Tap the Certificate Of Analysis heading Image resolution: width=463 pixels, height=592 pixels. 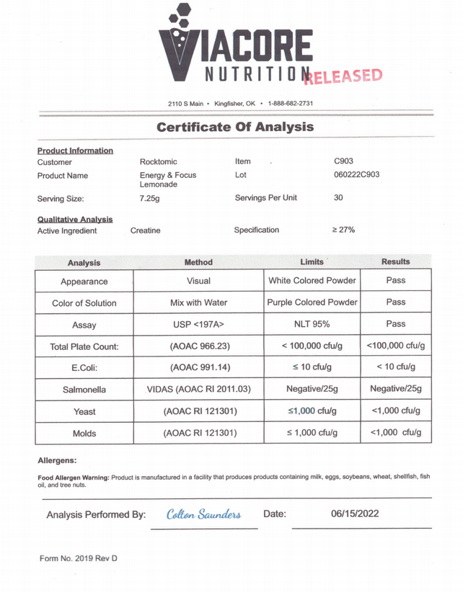pyautogui.click(x=235, y=127)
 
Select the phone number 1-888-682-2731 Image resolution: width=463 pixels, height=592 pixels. pyautogui.click(x=291, y=104)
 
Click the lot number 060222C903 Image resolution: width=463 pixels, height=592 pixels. pyautogui.click(x=357, y=175)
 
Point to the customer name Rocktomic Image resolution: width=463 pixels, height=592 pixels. pyautogui.click(x=158, y=162)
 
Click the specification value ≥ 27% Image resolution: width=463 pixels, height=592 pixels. pyautogui.click(x=343, y=230)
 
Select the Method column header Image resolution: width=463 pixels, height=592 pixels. pyautogui.click(x=198, y=262)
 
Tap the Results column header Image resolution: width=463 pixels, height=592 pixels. pyautogui.click(x=395, y=261)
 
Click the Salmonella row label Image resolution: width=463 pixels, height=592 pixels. pyautogui.click(x=84, y=390)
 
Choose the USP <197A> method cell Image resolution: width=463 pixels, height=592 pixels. pyautogui.click(x=198, y=325)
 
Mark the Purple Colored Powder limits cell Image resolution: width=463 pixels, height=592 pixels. pyautogui.click(x=312, y=302)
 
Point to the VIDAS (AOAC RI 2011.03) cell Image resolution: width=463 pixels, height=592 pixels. pyautogui.click(x=198, y=390)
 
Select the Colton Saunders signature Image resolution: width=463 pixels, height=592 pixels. pyautogui.click(x=203, y=514)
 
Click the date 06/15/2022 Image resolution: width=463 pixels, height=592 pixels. pyautogui.click(x=355, y=513)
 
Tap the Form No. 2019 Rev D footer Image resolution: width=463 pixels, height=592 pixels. pyautogui.click(x=78, y=558)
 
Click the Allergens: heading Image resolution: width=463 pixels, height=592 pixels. pyautogui.click(x=57, y=460)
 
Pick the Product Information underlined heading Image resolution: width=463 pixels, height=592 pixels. pyautogui.click(x=75, y=151)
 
